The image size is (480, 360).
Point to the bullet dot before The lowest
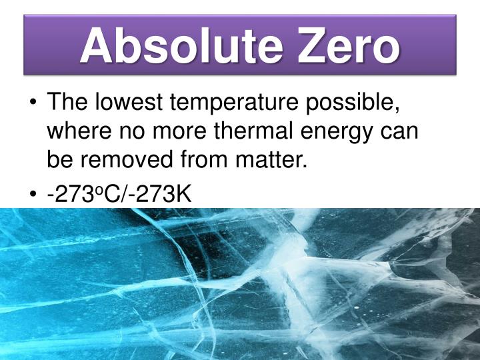coord(33,104)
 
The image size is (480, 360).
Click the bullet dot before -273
coord(33,195)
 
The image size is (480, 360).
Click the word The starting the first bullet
coord(67,103)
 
